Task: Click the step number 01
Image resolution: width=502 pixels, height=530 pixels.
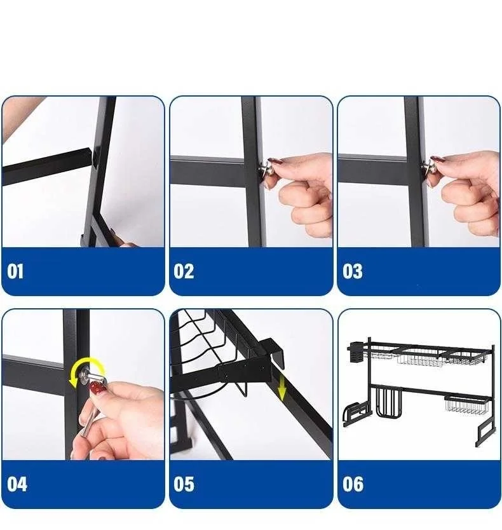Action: [15, 271]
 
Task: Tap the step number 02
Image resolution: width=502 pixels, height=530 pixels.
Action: [184, 271]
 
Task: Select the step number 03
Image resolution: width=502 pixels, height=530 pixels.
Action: [352, 271]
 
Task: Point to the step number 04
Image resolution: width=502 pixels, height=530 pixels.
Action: [17, 484]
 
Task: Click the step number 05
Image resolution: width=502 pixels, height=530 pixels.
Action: [184, 484]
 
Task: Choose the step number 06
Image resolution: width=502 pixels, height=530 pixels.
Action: [353, 484]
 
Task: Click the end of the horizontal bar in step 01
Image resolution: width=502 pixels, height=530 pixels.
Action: [90, 157]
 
